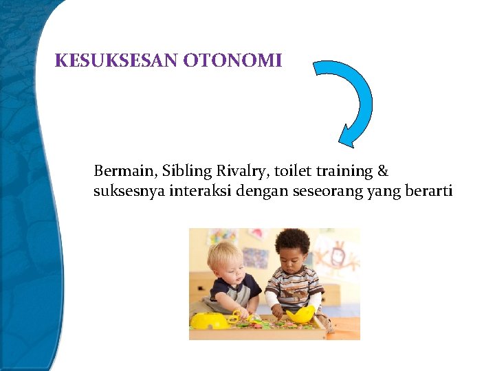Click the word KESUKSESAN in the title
tap(117, 61)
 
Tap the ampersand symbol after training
tap(382, 170)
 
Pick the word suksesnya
tap(124, 191)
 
